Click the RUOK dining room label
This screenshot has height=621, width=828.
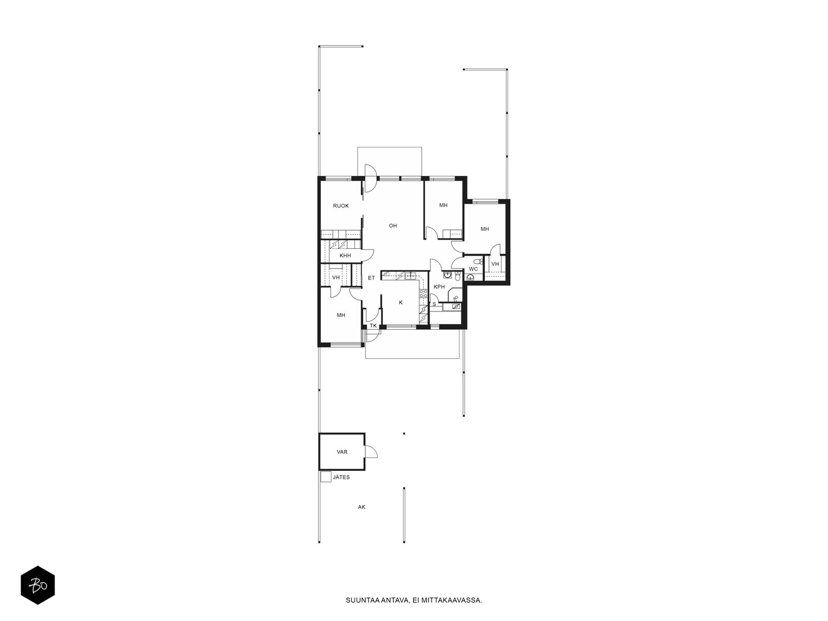341,206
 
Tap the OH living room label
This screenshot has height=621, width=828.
393,226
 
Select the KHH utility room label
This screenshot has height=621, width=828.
345,256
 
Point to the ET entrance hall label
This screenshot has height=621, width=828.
371,278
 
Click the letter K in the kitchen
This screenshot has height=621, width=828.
401,302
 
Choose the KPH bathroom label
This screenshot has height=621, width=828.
439,287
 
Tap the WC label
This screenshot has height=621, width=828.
473,269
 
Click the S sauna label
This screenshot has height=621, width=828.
434,304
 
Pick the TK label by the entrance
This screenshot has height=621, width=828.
373,326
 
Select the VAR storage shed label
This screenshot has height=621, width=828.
342,452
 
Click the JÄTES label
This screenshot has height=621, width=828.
341,477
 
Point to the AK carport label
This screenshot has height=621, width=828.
361,507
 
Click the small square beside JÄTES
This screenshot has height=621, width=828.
326,477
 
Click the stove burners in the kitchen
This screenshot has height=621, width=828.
423,294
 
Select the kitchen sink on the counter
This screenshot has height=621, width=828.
410,276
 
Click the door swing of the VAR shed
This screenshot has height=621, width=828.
372,451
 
